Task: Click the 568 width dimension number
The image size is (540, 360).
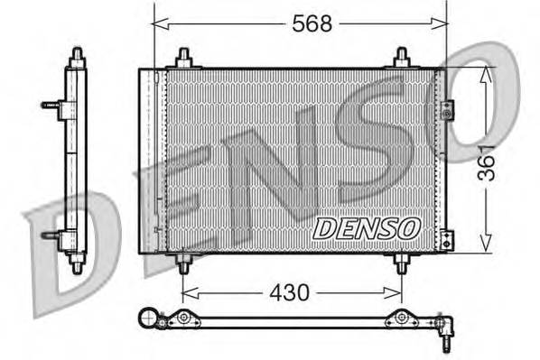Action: point(312,24)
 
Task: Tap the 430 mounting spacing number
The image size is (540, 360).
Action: point(290,293)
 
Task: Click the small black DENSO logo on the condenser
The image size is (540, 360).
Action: point(366,229)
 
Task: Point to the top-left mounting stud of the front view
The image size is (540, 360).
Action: point(183,59)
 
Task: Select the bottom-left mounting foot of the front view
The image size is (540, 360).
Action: point(183,263)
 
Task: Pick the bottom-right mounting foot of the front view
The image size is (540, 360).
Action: point(402,263)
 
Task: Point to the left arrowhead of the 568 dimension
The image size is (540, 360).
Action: point(158,24)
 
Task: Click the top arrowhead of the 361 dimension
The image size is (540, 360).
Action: point(488,72)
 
